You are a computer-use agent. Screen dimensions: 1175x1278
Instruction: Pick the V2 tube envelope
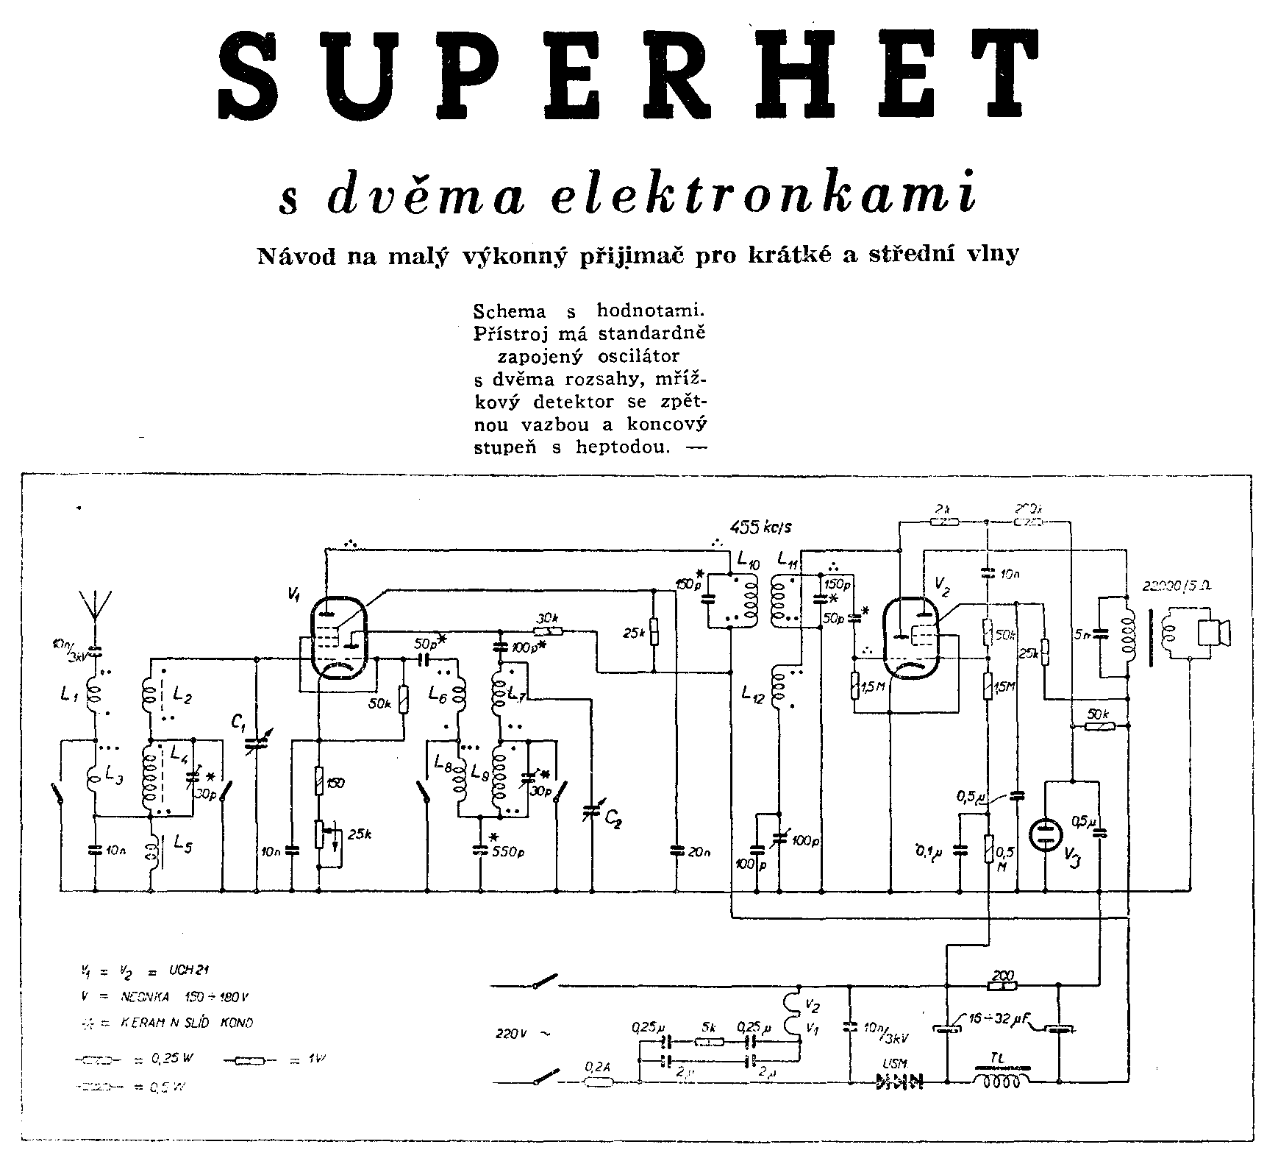pos(913,636)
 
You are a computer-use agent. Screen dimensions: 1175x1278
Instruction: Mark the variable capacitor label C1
pos(238,725)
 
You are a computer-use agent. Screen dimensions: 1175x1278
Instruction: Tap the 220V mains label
pos(520,1033)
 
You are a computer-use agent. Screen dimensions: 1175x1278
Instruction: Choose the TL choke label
pos(999,1057)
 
